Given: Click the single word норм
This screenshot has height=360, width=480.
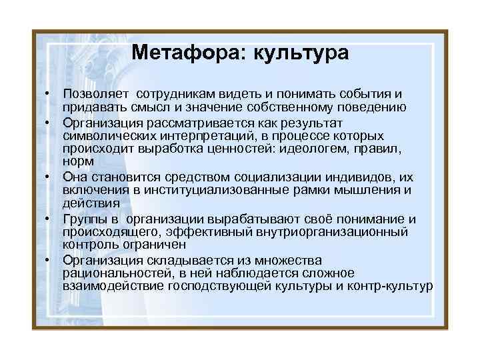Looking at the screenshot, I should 76,161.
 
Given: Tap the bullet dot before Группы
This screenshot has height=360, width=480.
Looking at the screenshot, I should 49,219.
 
